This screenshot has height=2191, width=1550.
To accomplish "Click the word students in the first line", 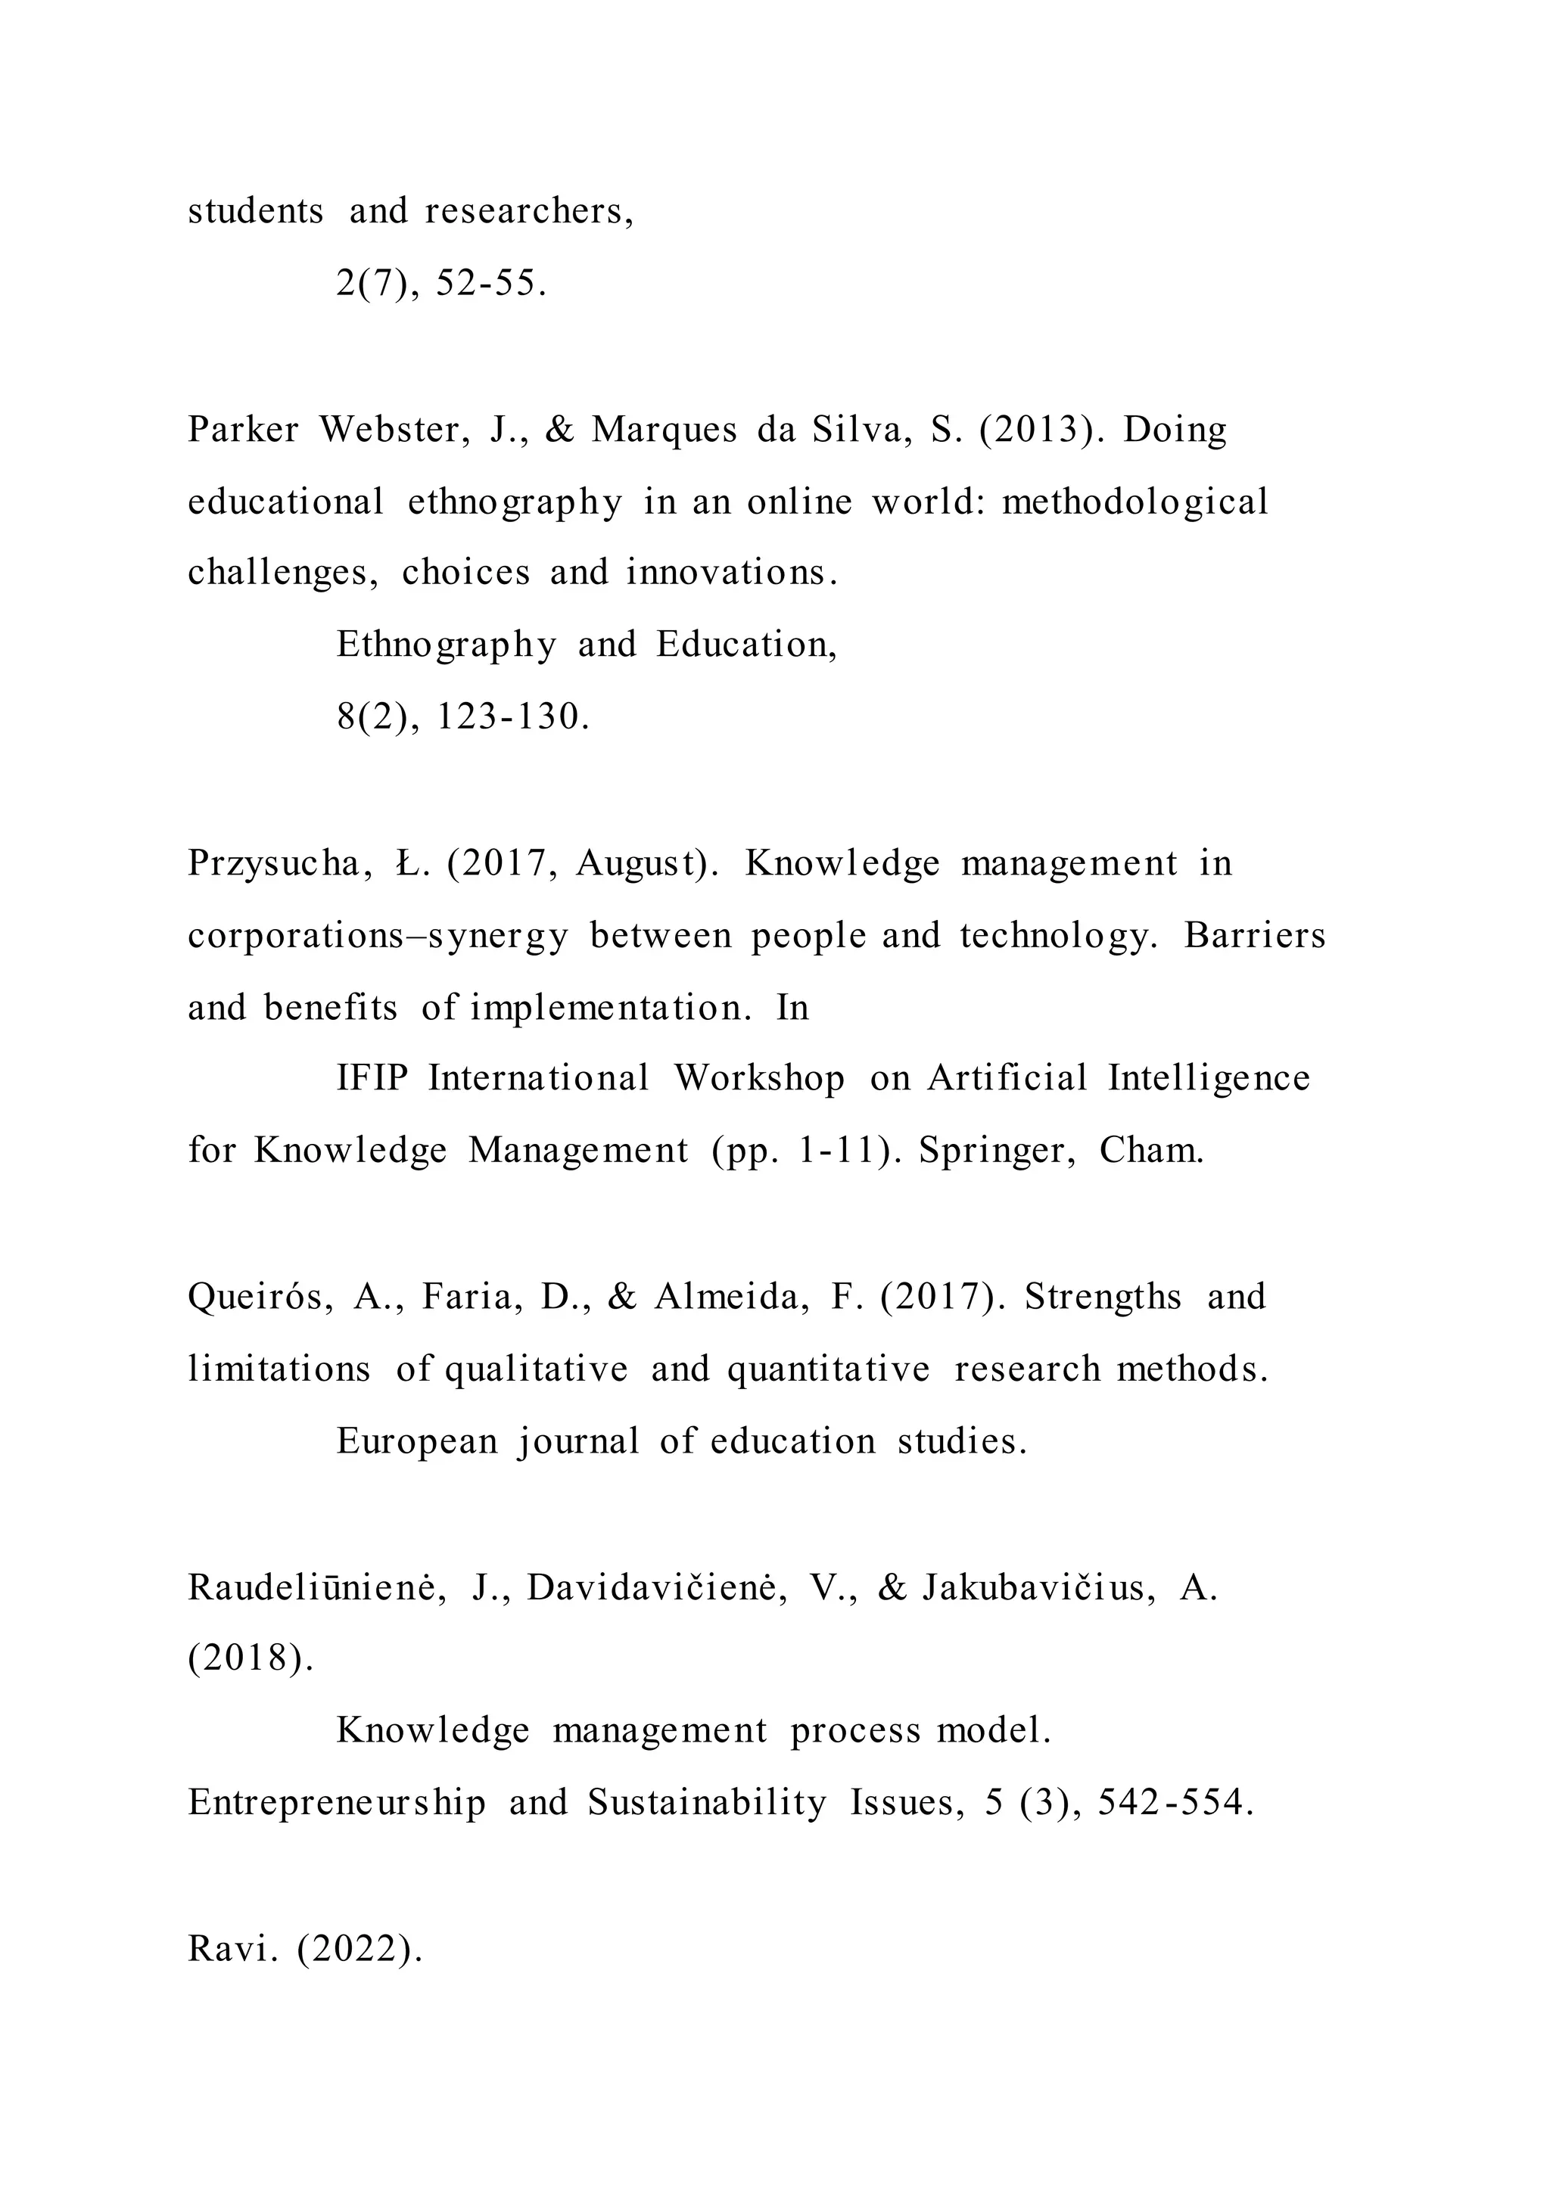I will [x=255, y=211].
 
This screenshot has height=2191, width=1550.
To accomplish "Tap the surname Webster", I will [x=394, y=430].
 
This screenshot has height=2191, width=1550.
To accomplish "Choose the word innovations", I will [x=731, y=573].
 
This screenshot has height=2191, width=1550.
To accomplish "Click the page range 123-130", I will [x=512, y=716].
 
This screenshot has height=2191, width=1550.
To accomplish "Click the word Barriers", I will [x=1254, y=936].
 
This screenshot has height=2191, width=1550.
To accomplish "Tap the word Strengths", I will [x=1103, y=1298].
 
